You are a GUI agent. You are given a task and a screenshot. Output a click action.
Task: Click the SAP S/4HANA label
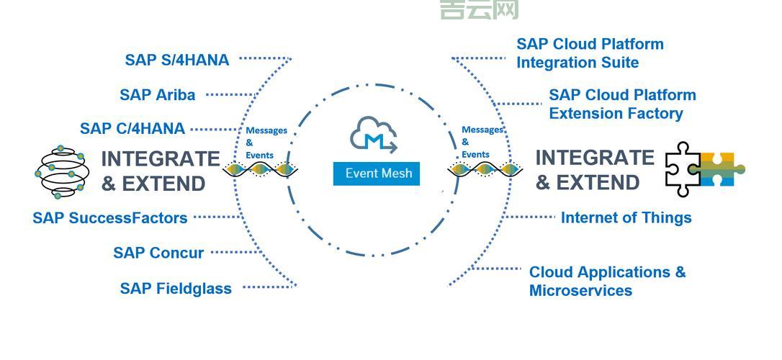click(176, 60)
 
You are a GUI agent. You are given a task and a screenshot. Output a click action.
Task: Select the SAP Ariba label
click(157, 94)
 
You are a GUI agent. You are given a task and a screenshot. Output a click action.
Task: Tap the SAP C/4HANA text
click(132, 129)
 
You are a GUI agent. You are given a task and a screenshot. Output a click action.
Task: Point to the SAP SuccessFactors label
click(109, 217)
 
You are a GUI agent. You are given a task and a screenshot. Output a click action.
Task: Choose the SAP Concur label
click(158, 253)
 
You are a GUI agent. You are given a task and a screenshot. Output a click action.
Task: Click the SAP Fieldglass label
click(176, 289)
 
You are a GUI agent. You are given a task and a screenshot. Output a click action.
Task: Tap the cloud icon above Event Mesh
click(374, 136)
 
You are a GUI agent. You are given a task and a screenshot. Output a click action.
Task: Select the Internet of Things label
click(626, 217)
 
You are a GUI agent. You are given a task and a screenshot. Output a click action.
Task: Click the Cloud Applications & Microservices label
click(607, 282)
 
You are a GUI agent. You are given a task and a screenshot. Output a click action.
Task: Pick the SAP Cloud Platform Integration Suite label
click(590, 53)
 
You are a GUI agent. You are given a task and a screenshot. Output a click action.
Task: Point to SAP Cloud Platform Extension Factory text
click(622, 104)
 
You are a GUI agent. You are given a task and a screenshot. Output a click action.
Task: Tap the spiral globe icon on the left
click(60, 171)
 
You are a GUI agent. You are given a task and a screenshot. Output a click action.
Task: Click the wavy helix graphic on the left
click(260, 170)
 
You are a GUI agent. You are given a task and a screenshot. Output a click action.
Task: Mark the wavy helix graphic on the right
click(485, 170)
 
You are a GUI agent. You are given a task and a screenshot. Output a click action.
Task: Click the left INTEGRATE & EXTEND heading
click(160, 171)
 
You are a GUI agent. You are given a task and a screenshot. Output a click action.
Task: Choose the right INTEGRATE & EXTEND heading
click(594, 170)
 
